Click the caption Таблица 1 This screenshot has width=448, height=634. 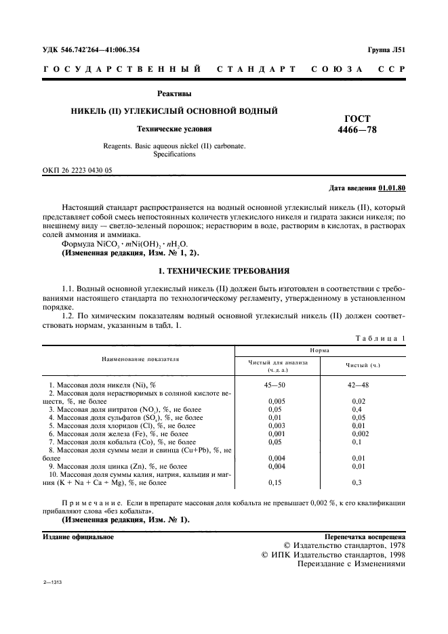380,337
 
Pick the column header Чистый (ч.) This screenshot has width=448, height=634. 363,366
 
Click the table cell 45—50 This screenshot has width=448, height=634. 278,384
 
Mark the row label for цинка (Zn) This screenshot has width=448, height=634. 117,466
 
